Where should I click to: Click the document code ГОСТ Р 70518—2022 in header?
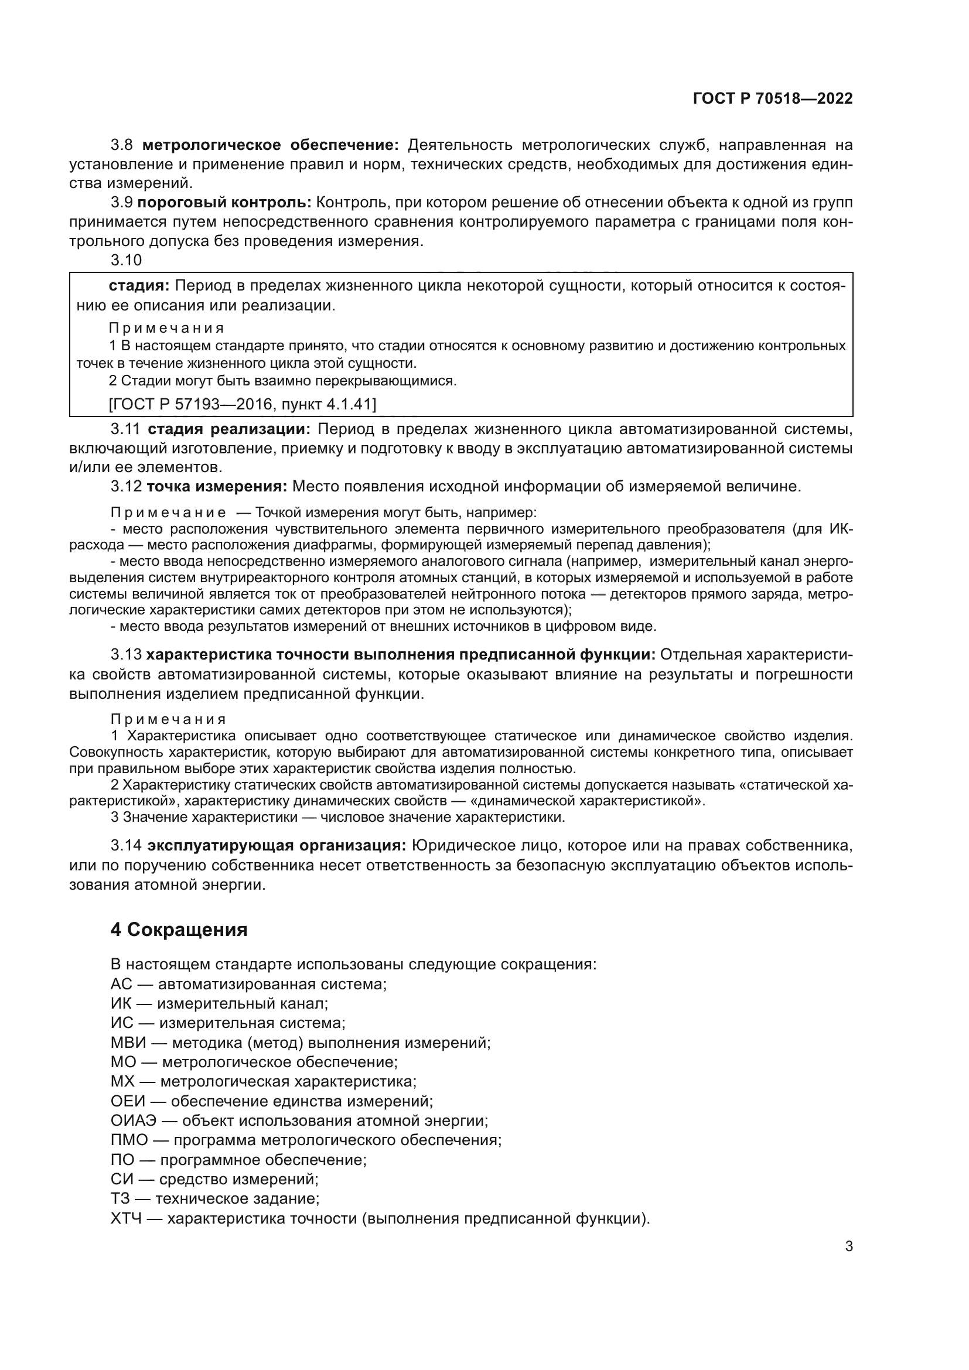click(x=773, y=98)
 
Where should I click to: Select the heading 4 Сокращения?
click(x=179, y=930)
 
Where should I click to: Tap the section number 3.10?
click(x=127, y=260)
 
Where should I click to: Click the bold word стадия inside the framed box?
click(x=139, y=286)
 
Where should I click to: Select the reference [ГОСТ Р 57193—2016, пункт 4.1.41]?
click(x=243, y=404)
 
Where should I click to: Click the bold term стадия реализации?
click(x=229, y=429)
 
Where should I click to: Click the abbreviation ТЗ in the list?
click(x=121, y=1199)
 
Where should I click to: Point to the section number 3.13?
click(x=127, y=655)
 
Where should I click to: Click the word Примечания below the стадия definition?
click(x=167, y=328)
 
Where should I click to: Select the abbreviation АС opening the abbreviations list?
click(x=121, y=984)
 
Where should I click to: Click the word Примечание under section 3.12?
click(x=169, y=513)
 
